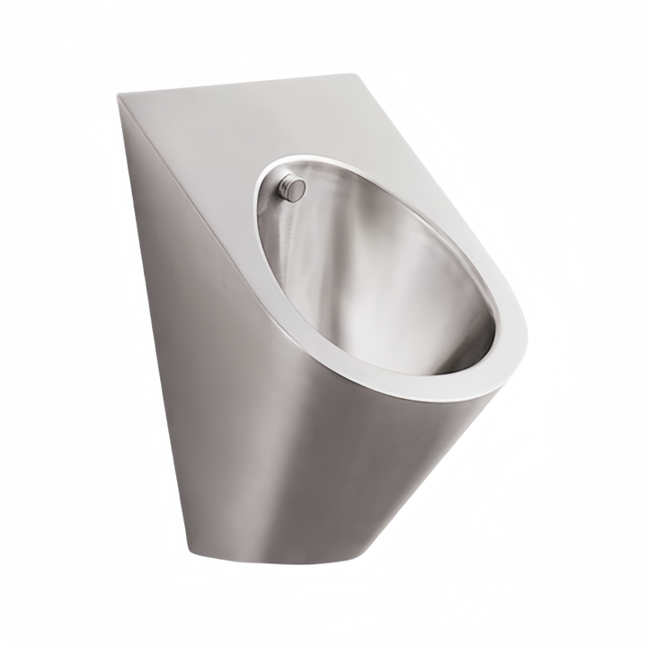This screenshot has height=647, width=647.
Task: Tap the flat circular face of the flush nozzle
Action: pos(297,189)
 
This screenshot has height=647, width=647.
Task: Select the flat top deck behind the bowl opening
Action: pos(225,126)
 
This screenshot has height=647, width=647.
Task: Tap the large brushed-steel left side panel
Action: pos(225,377)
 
